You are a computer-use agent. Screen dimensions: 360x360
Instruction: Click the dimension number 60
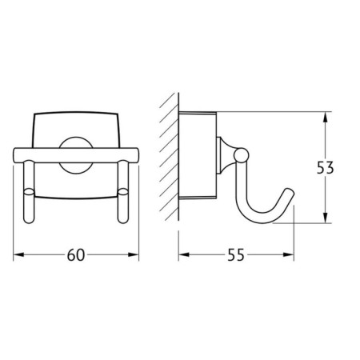click(x=76, y=255)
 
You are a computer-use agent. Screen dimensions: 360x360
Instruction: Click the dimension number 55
click(x=236, y=255)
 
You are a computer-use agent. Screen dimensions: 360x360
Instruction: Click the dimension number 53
click(x=325, y=168)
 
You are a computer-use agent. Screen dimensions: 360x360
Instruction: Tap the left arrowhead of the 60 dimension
click(x=18, y=255)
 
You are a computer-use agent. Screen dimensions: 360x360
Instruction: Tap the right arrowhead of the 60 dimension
click(x=134, y=255)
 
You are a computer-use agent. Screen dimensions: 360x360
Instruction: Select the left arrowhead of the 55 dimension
click(x=184, y=255)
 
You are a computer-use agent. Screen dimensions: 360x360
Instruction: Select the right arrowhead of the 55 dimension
click(x=289, y=255)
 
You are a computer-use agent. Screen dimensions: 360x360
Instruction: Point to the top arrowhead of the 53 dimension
click(x=325, y=117)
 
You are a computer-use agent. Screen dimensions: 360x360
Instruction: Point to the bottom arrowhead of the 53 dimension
click(x=325, y=218)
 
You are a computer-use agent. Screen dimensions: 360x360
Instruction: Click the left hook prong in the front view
click(x=29, y=191)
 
